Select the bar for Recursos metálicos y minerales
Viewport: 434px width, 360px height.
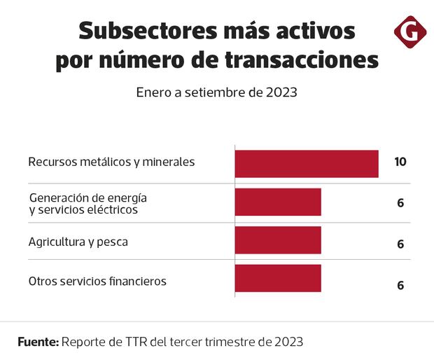click(x=306, y=163)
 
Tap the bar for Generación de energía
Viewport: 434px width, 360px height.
click(x=277, y=202)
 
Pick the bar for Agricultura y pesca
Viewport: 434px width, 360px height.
click(x=277, y=240)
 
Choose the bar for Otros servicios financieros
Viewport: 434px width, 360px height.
click(x=277, y=278)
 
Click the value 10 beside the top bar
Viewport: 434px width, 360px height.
click(x=400, y=162)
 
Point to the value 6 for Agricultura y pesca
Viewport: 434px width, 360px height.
click(x=400, y=244)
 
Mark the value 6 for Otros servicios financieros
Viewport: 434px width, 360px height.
click(x=400, y=285)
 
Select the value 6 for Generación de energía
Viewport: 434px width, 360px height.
click(x=400, y=203)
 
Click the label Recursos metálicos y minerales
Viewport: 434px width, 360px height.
click(x=111, y=162)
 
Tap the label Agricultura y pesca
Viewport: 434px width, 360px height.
click(x=78, y=242)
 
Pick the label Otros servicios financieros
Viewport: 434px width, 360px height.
click(x=97, y=281)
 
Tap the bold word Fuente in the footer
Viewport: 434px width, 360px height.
click(x=37, y=342)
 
